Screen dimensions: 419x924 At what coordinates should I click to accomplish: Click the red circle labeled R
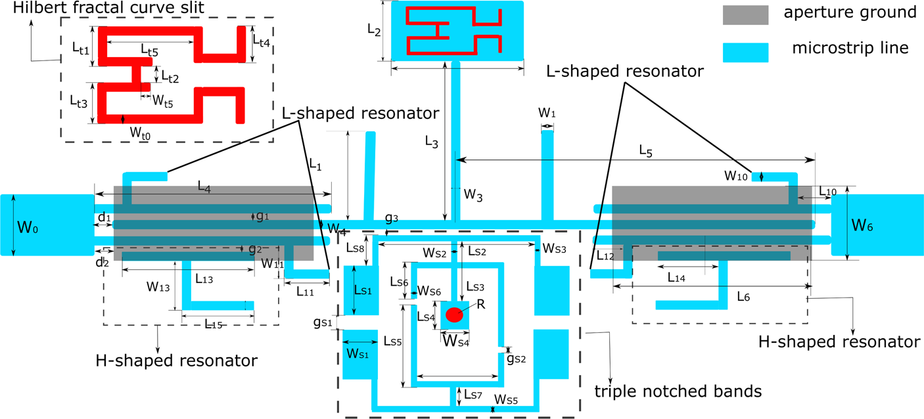pos(453,315)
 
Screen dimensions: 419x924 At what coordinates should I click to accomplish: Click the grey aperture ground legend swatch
pos(745,14)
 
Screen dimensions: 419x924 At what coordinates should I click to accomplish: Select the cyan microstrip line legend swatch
pos(745,53)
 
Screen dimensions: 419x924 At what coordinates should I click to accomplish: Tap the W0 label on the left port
pos(28,228)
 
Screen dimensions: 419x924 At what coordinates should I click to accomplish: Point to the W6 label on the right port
pos(862,225)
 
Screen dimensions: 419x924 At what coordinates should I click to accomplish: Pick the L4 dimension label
pos(205,188)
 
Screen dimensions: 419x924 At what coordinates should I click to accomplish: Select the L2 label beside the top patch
pos(374,30)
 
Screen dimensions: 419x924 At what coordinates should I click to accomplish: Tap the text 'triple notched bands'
pos(678,391)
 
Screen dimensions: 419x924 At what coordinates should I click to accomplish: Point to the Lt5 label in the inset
pos(150,49)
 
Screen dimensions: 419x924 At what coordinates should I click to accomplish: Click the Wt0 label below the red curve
pos(140,133)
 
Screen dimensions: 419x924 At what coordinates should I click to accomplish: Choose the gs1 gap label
pos(322,322)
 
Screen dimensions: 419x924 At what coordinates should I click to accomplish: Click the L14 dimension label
pos(676,277)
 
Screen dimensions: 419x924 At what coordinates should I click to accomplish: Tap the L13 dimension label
pos(204,278)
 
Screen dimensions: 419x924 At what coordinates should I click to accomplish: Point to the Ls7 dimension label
pos(473,394)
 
